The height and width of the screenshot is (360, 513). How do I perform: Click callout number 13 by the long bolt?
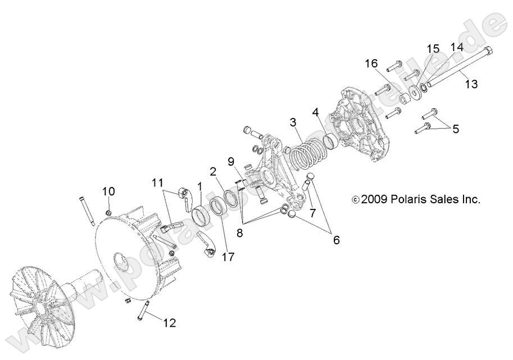[x=471, y=84]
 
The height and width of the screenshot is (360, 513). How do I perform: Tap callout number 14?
[x=456, y=48]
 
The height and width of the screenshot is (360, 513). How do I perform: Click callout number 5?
[x=471, y=129]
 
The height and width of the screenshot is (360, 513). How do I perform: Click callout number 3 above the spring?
[x=293, y=122]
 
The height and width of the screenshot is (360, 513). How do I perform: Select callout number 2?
[x=214, y=171]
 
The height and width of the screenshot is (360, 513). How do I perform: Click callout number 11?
[x=157, y=183]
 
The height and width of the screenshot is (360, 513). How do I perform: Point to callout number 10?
[x=108, y=191]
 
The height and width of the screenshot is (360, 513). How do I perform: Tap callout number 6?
[x=336, y=240]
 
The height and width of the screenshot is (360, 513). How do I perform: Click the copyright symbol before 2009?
[x=355, y=199]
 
